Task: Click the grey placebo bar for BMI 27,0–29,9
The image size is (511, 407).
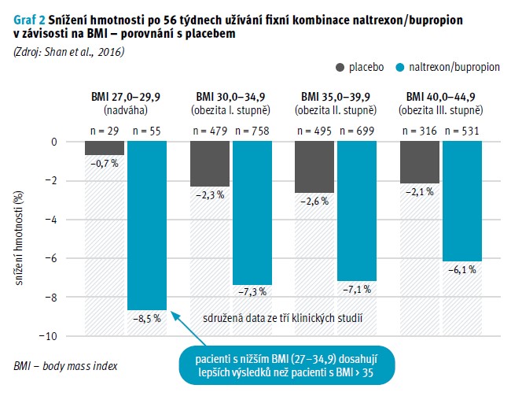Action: [105, 149]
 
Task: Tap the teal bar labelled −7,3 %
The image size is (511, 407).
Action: [253, 213]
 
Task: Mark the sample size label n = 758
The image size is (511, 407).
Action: [253, 131]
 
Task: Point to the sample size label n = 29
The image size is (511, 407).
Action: [105, 131]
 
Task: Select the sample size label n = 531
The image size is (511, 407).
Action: [462, 131]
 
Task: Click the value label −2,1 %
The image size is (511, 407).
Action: [421, 192]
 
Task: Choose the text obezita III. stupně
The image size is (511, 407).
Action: [442, 110]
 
